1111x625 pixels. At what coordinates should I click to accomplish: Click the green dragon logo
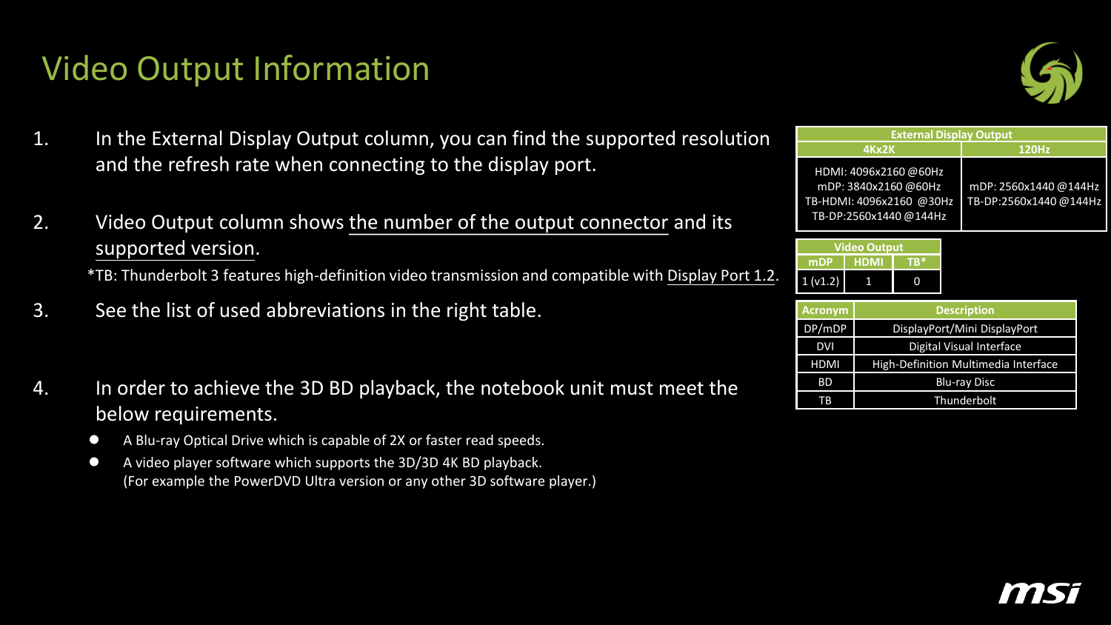pyautogui.click(x=1051, y=73)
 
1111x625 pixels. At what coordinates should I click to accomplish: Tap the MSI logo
pyautogui.click(x=1040, y=593)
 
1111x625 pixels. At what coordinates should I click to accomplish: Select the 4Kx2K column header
pyautogui.click(x=878, y=150)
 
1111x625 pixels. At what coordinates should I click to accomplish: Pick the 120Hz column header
pyautogui.click(x=1034, y=150)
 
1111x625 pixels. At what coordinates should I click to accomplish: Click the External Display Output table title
pyautogui.click(x=951, y=135)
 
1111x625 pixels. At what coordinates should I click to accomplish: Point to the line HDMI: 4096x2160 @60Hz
pyautogui.click(x=878, y=172)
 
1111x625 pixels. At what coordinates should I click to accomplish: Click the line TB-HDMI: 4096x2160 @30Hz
pyautogui.click(x=878, y=201)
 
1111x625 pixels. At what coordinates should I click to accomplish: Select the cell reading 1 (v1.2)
pyautogui.click(x=821, y=281)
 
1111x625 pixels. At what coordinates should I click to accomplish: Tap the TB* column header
pyautogui.click(x=916, y=262)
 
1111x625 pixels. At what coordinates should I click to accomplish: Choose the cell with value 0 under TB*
pyautogui.click(x=916, y=281)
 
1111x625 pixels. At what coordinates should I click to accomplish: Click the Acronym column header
pyautogui.click(x=825, y=310)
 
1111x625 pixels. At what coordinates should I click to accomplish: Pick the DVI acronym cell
pyautogui.click(x=825, y=347)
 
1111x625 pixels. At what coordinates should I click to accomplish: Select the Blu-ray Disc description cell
pyautogui.click(x=964, y=382)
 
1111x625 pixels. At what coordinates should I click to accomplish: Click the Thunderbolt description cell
pyautogui.click(x=964, y=401)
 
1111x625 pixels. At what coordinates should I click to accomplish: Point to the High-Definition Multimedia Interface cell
pyautogui.click(x=964, y=364)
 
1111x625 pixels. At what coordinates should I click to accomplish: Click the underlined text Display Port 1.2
pyautogui.click(x=721, y=275)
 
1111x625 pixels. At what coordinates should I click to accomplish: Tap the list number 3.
pyautogui.click(x=41, y=310)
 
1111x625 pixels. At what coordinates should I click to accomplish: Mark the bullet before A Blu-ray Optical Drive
pyautogui.click(x=94, y=439)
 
